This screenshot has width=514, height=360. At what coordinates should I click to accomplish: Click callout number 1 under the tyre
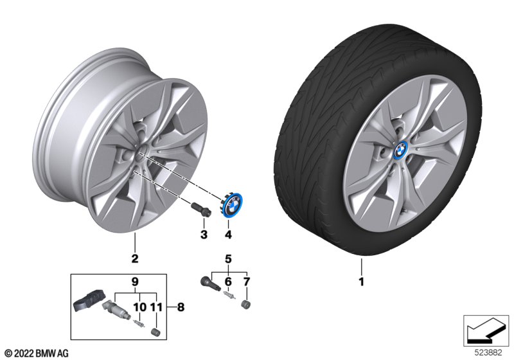point(361,282)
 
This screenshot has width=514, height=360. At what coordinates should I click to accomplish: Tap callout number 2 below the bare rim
point(135,258)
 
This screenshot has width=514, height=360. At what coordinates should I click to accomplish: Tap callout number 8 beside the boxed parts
point(181,307)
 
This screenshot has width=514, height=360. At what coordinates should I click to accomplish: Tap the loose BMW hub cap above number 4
point(229,205)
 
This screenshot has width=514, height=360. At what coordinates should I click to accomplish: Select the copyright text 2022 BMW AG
point(37,353)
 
